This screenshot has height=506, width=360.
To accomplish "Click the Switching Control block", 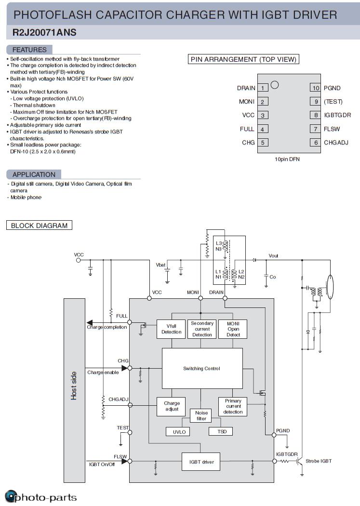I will click(202, 369).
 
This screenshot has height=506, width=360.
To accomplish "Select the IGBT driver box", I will click(201, 462).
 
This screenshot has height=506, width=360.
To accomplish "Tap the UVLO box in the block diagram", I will click(179, 432).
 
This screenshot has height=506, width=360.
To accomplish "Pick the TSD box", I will click(221, 431).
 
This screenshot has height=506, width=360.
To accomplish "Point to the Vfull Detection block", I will click(171, 329).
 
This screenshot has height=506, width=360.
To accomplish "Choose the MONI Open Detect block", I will click(233, 329).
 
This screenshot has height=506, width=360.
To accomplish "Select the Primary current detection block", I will click(233, 406).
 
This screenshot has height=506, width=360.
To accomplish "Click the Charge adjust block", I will click(172, 406).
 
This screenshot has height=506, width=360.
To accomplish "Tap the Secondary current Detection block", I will click(202, 329).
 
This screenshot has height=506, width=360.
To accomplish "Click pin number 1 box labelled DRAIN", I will click(263, 88).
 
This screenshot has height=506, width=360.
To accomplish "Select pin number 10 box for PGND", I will click(316, 88).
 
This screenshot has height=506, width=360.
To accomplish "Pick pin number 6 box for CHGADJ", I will click(316, 143).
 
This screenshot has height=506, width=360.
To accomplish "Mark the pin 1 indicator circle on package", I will click(275, 85).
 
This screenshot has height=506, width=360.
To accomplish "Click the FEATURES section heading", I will click(29, 50).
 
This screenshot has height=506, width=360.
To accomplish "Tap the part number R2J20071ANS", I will click(44, 33).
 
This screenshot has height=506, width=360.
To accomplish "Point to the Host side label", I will click(74, 386).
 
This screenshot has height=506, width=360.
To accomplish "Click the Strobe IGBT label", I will click(319, 461).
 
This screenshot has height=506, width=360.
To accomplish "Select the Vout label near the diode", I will click(273, 256).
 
